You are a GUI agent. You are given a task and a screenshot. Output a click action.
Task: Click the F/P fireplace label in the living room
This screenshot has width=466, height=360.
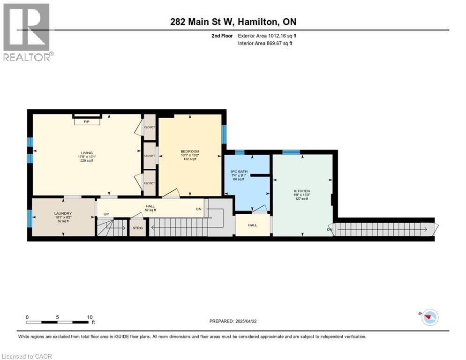tap(86, 122)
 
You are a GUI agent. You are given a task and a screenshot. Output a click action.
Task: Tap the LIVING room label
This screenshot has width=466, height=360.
tap(86, 153)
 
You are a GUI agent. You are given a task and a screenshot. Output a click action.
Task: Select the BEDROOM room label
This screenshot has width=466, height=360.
tap(190, 151)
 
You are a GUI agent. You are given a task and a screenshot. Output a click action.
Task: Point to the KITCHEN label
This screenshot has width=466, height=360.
tap(301, 191)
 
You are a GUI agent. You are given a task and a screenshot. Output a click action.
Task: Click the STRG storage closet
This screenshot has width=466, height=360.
tap(137, 228)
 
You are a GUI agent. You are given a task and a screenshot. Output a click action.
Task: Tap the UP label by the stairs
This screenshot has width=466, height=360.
tap(106, 214)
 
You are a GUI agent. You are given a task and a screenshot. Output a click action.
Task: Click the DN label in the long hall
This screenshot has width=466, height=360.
tap(198, 210)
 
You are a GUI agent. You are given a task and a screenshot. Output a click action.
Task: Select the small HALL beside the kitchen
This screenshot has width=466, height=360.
tap(252, 225)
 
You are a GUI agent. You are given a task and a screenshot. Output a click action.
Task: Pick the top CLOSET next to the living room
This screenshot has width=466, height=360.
tap(150, 127)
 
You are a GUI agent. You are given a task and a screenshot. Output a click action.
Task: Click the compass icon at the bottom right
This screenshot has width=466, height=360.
tap(429, 317)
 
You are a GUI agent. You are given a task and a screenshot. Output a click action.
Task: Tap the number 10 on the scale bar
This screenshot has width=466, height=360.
tap(90, 317)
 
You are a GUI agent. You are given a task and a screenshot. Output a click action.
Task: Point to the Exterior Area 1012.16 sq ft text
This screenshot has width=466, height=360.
tap(267, 36)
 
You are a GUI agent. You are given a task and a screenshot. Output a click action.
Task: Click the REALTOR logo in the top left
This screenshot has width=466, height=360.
tap(27, 32)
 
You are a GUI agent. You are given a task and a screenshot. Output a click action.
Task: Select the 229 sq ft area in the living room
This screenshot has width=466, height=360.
tap(86, 161)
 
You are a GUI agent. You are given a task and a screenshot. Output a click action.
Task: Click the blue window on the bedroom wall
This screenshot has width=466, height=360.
tap(224, 135)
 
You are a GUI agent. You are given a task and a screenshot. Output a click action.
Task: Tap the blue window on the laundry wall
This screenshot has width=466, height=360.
tap(30, 218)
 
